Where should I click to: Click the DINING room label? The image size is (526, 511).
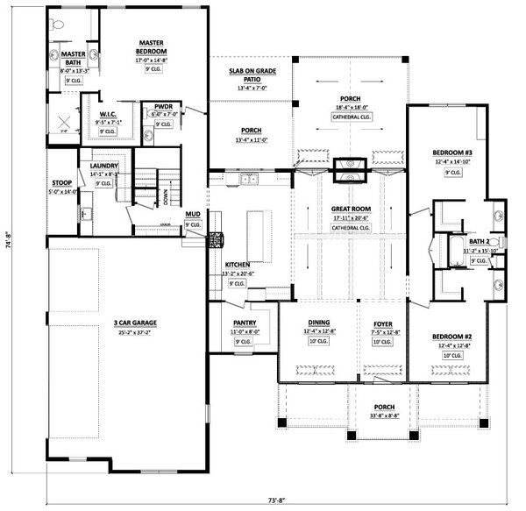(317, 323)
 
